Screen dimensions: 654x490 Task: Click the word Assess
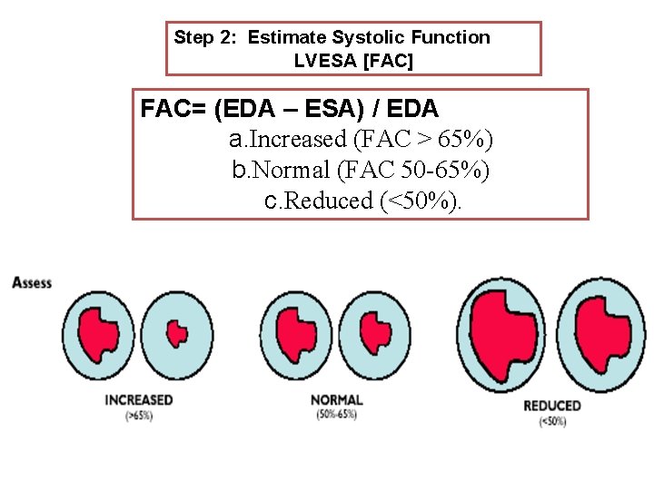click(32, 283)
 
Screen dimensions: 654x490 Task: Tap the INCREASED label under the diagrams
click(139, 400)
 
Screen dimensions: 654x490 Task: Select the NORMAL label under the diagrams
click(337, 400)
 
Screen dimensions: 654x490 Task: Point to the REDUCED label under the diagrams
click(551, 406)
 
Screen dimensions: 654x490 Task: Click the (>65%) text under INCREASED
click(139, 416)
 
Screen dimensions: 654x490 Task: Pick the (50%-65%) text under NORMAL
click(337, 415)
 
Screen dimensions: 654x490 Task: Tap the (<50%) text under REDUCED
click(551, 421)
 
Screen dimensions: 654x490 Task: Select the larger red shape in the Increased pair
click(97, 333)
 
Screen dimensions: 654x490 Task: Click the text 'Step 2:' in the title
click(207, 38)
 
